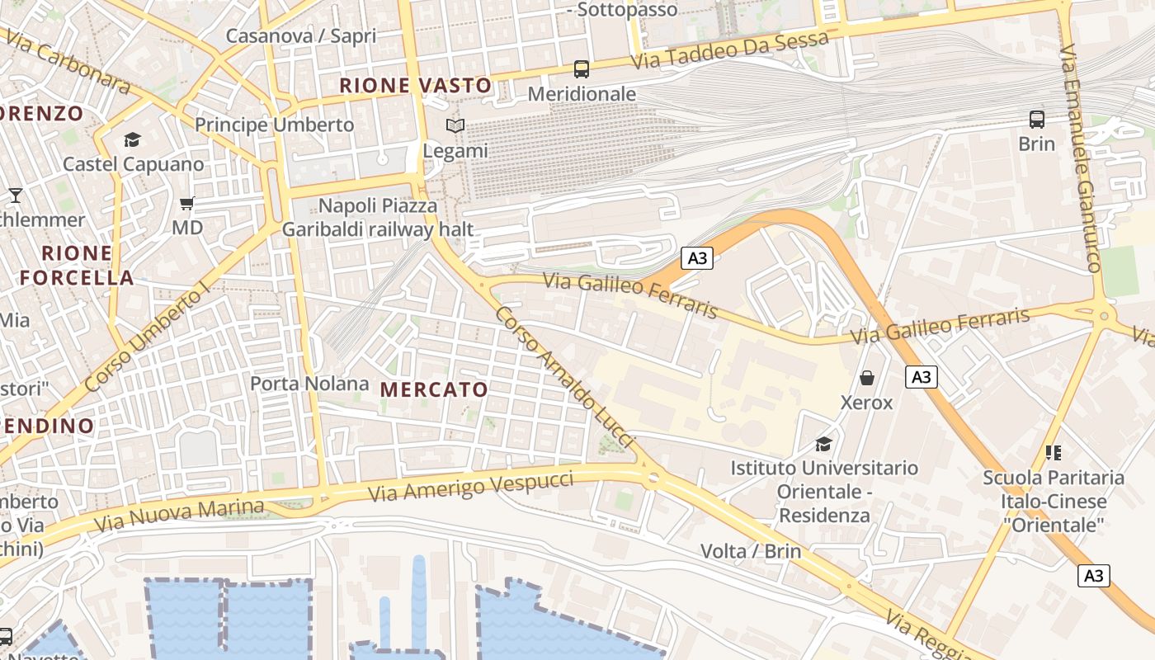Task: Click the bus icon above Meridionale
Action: tap(582, 69)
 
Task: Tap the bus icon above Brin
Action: tap(1036, 120)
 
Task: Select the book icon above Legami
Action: tap(455, 126)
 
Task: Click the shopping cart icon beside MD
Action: tap(187, 203)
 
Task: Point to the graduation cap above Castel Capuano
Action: tap(132, 139)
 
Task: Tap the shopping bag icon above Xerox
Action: tap(867, 378)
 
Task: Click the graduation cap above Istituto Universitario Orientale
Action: tap(823, 444)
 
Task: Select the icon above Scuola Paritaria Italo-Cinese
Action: tap(1053, 452)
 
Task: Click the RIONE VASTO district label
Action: tap(415, 85)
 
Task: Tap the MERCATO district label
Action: tap(434, 389)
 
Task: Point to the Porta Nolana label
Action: tap(309, 384)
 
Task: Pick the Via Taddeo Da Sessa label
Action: tap(729, 50)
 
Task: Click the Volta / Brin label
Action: tap(751, 551)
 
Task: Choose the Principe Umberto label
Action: tap(274, 125)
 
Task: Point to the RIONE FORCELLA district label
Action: tap(77, 265)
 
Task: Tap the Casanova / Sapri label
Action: tap(300, 35)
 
